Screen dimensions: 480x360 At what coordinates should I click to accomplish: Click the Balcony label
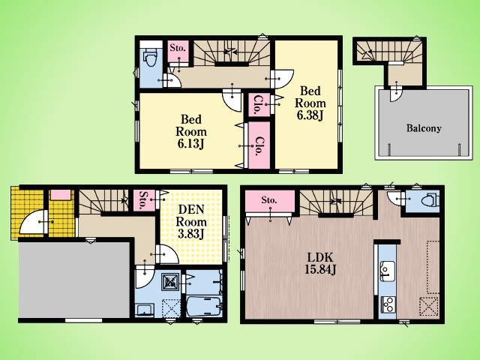424,128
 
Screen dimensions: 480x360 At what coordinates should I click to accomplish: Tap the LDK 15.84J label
320,263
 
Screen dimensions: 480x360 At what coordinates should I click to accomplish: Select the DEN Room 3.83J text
191,222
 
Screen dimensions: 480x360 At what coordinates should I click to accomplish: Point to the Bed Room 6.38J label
310,103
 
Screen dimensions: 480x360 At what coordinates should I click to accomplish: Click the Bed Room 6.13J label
191,131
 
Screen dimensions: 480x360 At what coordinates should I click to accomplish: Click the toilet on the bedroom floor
150,57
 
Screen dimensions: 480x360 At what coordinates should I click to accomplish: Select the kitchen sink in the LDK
387,271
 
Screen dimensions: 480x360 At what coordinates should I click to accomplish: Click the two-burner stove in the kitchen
388,304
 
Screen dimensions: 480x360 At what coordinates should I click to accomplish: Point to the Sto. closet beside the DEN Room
143,200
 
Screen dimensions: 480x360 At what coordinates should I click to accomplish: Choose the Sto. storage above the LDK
270,201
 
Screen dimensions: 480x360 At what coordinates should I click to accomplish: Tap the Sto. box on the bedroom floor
178,51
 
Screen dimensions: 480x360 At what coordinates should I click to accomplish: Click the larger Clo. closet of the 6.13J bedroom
259,145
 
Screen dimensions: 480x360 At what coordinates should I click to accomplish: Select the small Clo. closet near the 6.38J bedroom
259,105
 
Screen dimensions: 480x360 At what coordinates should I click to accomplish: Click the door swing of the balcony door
396,94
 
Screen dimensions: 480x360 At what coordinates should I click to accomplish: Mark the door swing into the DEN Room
168,254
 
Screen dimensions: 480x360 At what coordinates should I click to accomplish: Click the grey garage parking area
74,280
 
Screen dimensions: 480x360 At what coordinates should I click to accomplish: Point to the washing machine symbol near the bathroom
171,281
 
